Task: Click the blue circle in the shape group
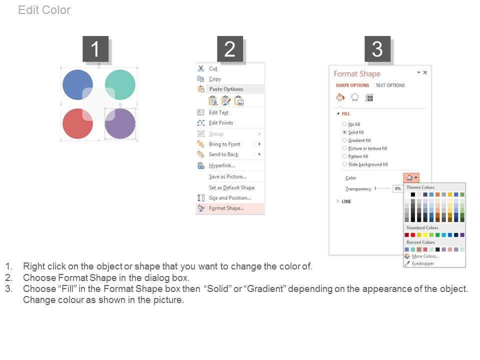pyautogui.click(x=77, y=84)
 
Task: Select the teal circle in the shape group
pyautogui.click(x=120, y=84)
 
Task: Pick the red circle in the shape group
pyautogui.click(x=77, y=123)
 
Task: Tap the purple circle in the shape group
pyautogui.click(x=120, y=123)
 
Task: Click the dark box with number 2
pyautogui.click(x=230, y=49)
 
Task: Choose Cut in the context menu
pyautogui.click(x=213, y=68)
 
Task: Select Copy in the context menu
pyautogui.click(x=215, y=79)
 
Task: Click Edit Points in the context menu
pyautogui.click(x=221, y=123)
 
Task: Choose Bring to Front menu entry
pyautogui.click(x=224, y=144)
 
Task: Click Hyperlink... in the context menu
pyautogui.click(x=222, y=165)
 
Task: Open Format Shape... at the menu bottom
pyautogui.click(x=226, y=208)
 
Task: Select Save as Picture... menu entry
pyautogui.click(x=228, y=176)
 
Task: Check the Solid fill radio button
pyautogui.click(x=344, y=132)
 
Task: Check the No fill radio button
pyautogui.click(x=344, y=124)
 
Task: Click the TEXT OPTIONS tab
pyautogui.click(x=390, y=85)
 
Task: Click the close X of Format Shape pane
pyautogui.click(x=425, y=72)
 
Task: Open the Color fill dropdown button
pyautogui.click(x=411, y=177)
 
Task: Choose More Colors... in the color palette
pyautogui.click(x=425, y=256)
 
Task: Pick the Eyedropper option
pyautogui.click(x=423, y=263)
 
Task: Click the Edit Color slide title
pyautogui.click(x=44, y=10)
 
